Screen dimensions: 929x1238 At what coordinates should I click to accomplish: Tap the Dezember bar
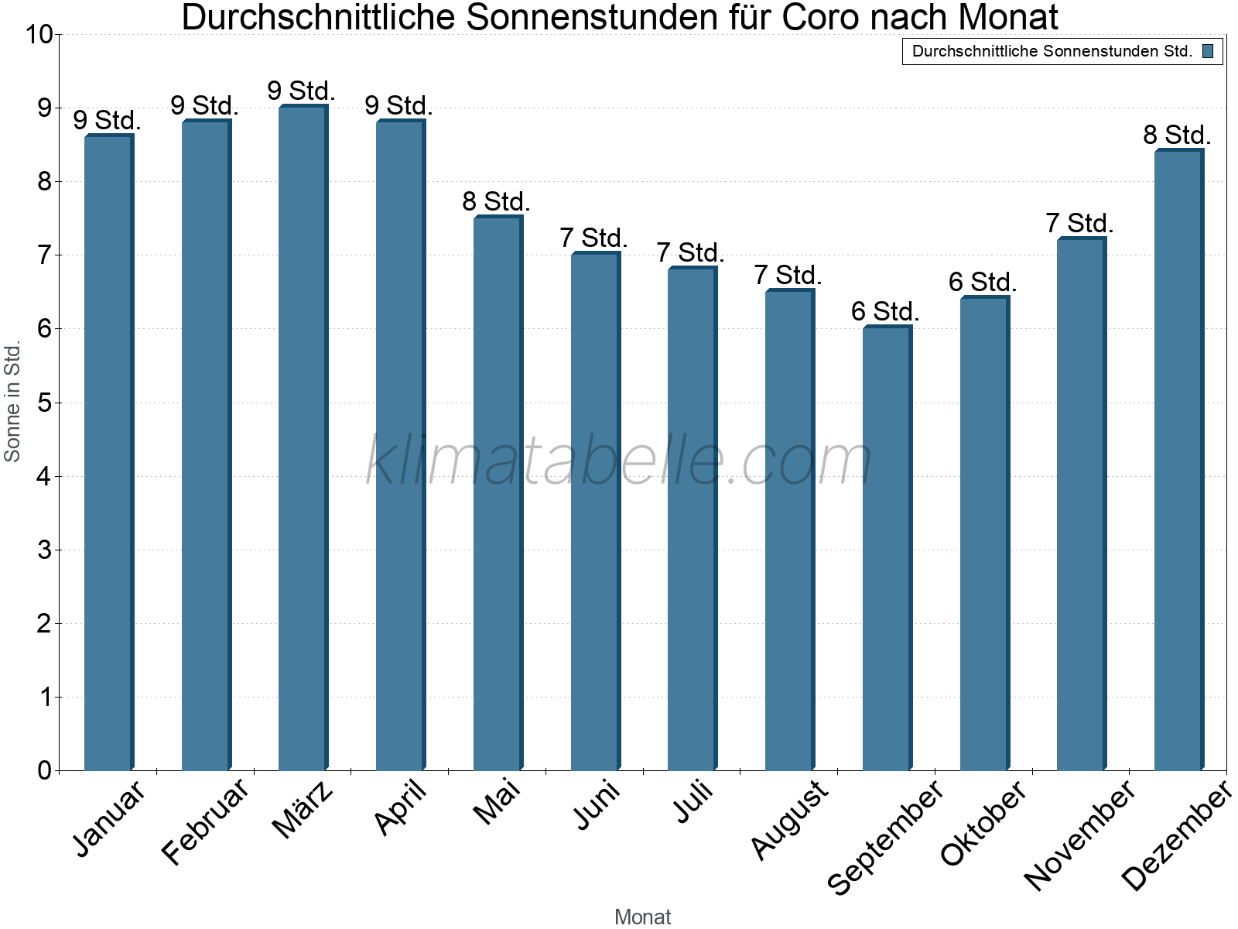coord(1178,460)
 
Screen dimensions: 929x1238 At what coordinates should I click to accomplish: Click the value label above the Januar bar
coord(107,121)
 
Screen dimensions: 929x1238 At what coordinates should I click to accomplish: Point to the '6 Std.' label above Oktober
coord(983,283)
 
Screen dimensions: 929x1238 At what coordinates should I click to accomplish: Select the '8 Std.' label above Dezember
coord(1177,135)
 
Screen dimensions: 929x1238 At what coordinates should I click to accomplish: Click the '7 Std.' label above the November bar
coord(1079,224)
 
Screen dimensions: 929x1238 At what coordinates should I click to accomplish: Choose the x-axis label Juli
coord(693,803)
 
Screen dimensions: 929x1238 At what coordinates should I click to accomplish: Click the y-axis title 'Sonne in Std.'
coord(12,403)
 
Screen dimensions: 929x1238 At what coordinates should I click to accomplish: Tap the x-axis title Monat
coord(642,917)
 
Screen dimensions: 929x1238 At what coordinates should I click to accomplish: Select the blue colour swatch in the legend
coord(1208,52)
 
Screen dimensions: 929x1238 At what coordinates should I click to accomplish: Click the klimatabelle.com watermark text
coord(619,461)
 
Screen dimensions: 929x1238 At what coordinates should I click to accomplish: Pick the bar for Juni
coord(595,512)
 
